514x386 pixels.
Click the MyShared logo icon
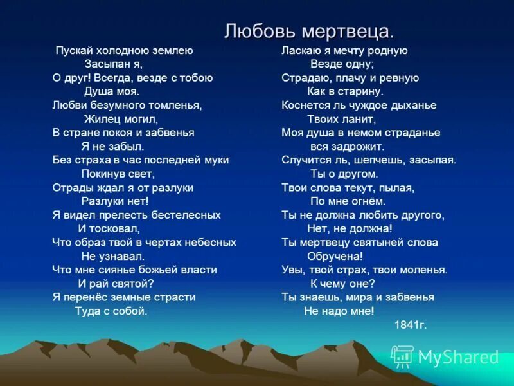(x=402, y=356)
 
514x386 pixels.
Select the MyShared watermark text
(x=458, y=358)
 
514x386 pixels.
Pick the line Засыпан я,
(x=113, y=64)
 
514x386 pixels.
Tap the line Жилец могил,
(x=121, y=119)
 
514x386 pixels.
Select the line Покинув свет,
(x=118, y=174)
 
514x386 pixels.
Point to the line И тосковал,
(x=109, y=228)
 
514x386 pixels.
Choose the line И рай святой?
(x=116, y=283)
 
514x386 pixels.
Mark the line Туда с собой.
(x=111, y=311)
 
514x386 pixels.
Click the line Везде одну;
(x=342, y=64)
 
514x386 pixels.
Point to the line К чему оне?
(x=342, y=283)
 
